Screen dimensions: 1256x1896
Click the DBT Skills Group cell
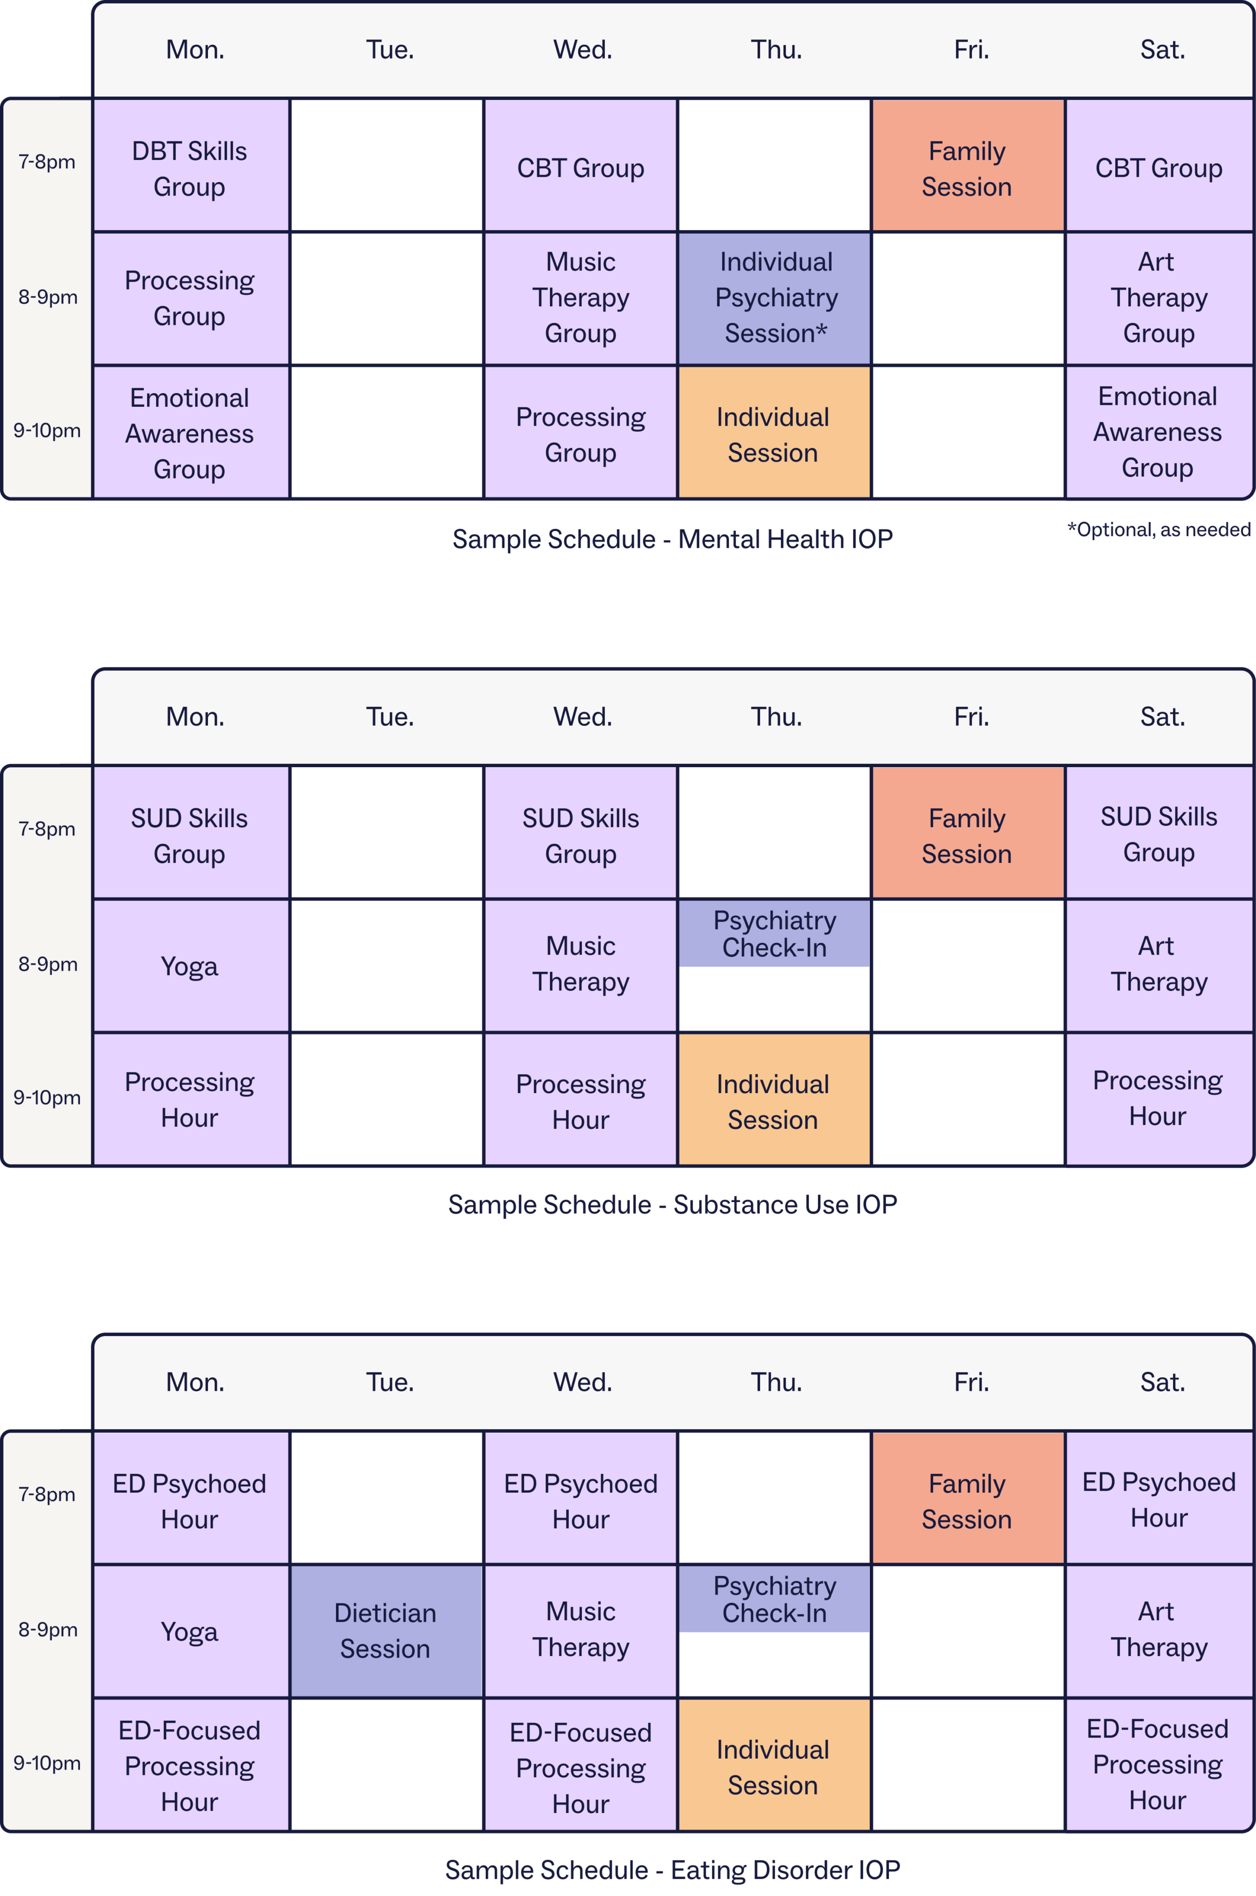[x=191, y=166]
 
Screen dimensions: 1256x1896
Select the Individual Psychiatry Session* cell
[x=775, y=298]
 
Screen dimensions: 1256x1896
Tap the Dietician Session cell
[x=386, y=1631]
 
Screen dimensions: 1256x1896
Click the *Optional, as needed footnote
[x=1158, y=530]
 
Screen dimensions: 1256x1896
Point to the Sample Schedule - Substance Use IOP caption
[x=672, y=1204]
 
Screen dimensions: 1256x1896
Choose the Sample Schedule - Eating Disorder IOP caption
[x=672, y=1869]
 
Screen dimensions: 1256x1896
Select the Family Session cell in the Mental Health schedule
[x=968, y=166]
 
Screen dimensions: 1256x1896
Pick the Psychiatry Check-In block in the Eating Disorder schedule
[x=775, y=1599]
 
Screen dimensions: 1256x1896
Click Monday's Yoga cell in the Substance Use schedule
[x=191, y=965]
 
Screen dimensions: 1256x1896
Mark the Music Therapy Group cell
[x=581, y=298]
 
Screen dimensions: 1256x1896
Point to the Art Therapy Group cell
[x=1159, y=298]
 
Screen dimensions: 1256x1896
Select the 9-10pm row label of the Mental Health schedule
[x=47, y=431]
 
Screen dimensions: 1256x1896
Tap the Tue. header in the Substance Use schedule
[x=390, y=717]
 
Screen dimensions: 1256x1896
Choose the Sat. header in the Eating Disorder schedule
[x=1162, y=1382]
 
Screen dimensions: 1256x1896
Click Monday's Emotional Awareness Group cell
[x=191, y=433]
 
